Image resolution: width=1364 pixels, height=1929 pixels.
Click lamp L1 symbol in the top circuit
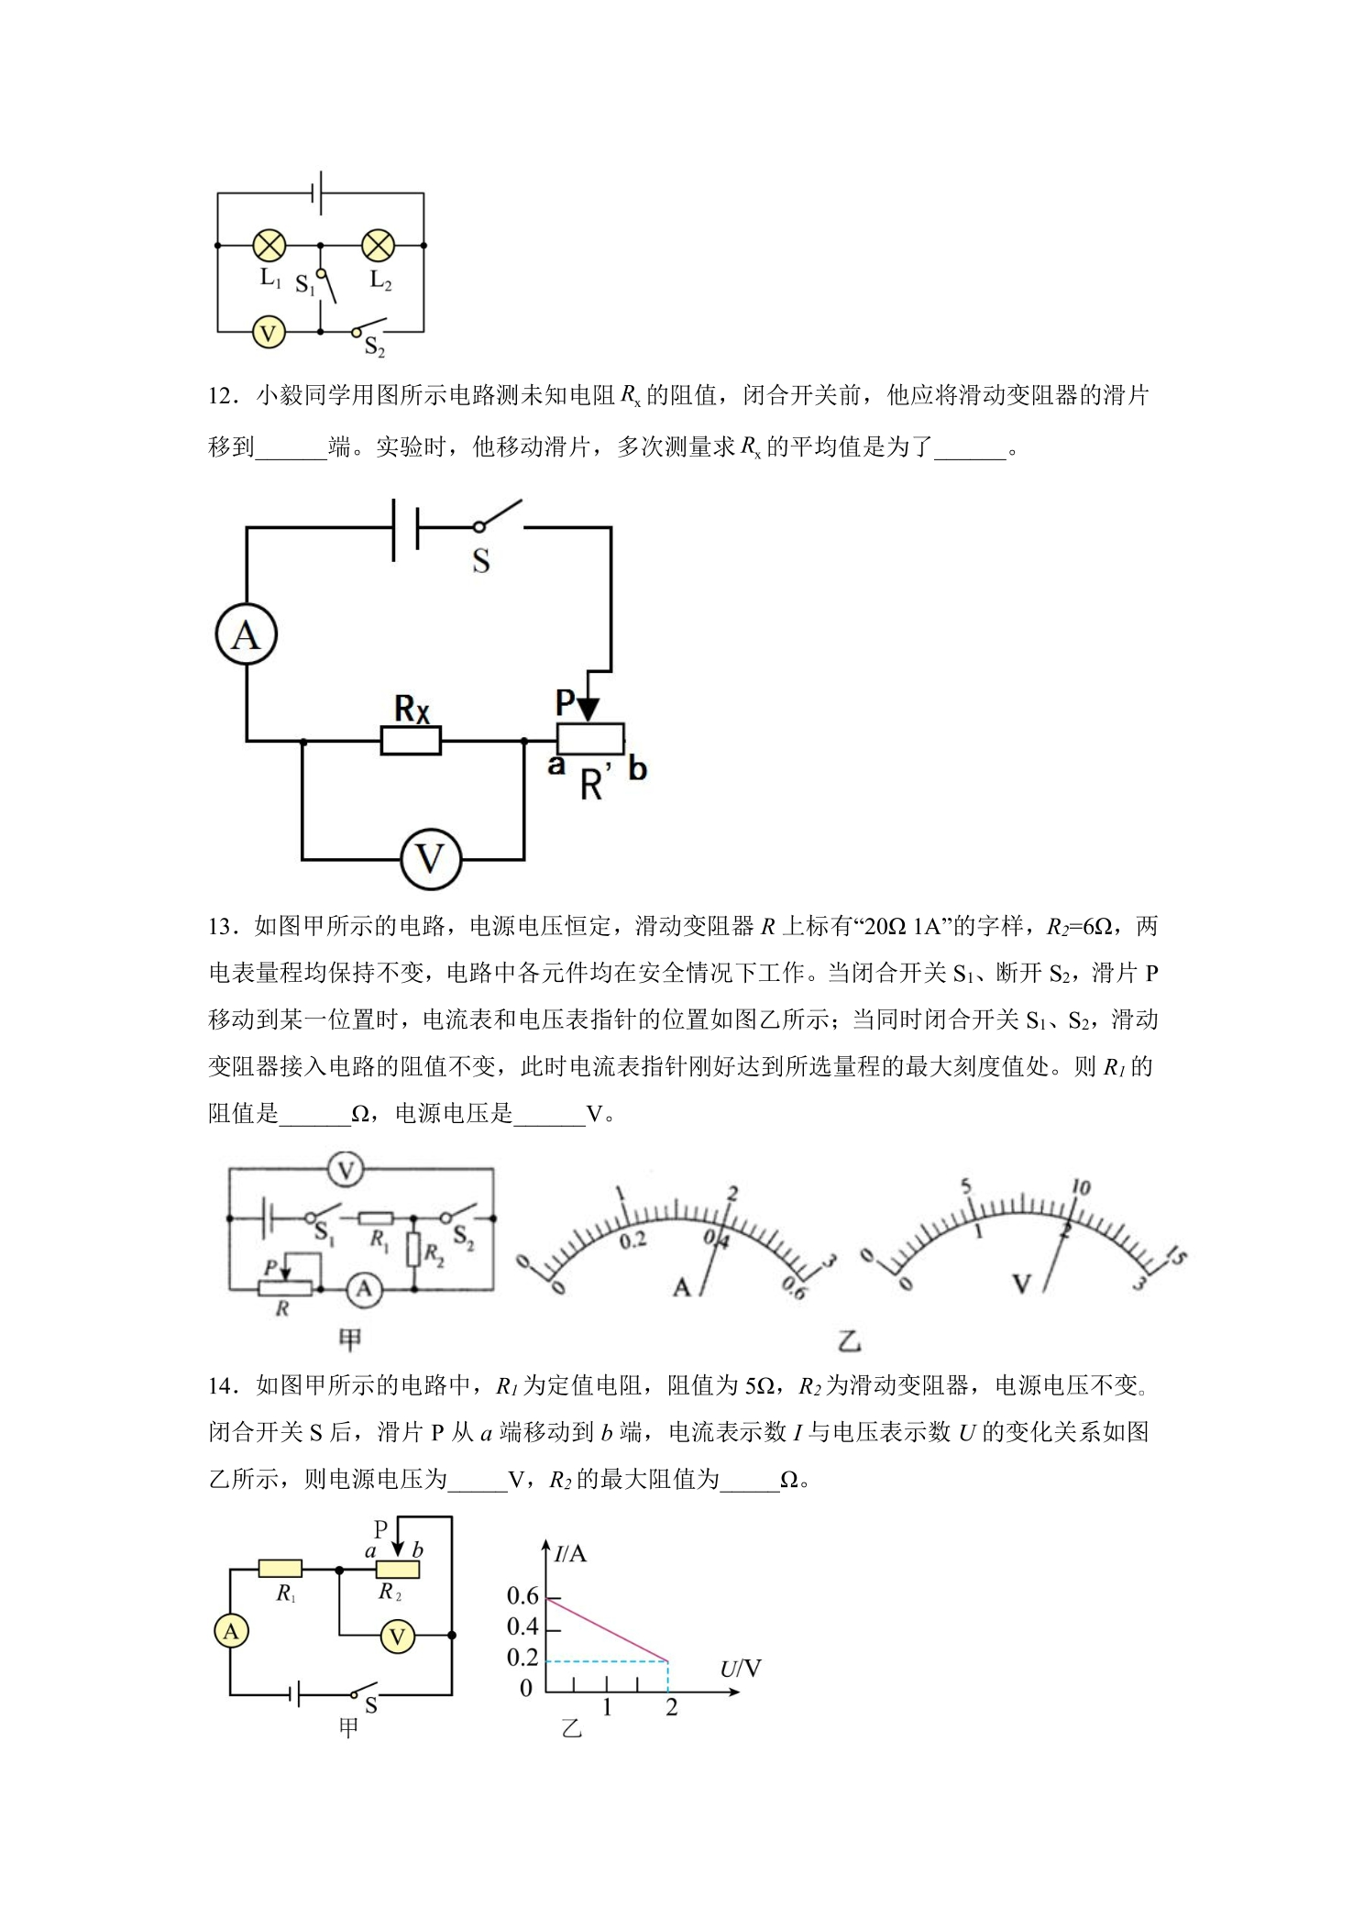(x=269, y=245)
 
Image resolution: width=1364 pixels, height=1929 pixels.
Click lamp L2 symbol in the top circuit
(x=378, y=245)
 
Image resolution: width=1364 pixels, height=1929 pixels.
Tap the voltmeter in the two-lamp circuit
(x=268, y=332)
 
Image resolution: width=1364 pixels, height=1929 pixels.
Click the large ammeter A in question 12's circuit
(x=246, y=634)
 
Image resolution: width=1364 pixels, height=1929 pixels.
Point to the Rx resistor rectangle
(x=411, y=741)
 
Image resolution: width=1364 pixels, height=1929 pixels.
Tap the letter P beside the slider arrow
(x=566, y=702)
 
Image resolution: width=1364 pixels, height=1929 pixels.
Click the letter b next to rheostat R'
(x=637, y=767)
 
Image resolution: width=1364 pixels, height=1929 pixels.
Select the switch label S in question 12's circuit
(x=481, y=561)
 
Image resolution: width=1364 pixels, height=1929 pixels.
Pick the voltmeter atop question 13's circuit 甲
(x=346, y=1170)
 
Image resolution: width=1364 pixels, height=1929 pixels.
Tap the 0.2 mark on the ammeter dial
(x=633, y=1240)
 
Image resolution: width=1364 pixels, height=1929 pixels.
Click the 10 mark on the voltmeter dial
(x=1080, y=1188)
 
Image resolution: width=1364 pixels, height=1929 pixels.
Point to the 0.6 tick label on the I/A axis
(x=522, y=1596)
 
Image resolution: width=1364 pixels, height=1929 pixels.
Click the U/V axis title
(x=741, y=1668)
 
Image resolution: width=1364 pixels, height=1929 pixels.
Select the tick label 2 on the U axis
(x=672, y=1708)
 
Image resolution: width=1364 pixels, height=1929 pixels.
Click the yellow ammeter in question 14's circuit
(x=231, y=1631)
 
